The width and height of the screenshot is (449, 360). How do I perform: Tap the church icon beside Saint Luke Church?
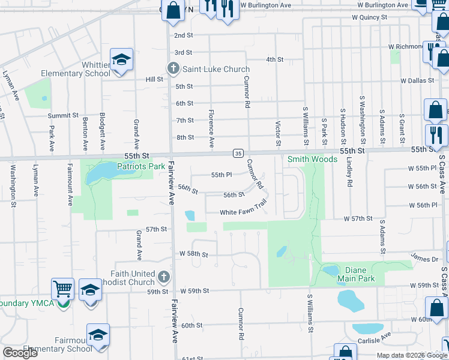(x=173, y=68)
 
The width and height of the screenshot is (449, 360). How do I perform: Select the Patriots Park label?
(x=140, y=166)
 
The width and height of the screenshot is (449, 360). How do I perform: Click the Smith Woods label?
(x=312, y=159)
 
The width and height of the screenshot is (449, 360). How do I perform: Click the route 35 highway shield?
(x=238, y=153)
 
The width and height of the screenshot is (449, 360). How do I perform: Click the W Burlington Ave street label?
(x=265, y=5)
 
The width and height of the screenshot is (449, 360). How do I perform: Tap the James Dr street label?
(x=424, y=258)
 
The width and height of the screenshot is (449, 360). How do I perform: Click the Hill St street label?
(x=154, y=79)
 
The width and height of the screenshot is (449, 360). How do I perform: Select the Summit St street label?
(x=64, y=115)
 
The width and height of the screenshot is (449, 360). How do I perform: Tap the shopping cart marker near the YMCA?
(x=62, y=289)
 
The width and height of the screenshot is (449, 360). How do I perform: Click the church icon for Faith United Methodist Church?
(x=164, y=277)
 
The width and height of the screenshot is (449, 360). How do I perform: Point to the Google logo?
(x=20, y=353)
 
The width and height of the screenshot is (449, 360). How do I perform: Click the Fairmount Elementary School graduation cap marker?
(x=98, y=335)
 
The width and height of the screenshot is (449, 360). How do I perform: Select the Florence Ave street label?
(x=211, y=128)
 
